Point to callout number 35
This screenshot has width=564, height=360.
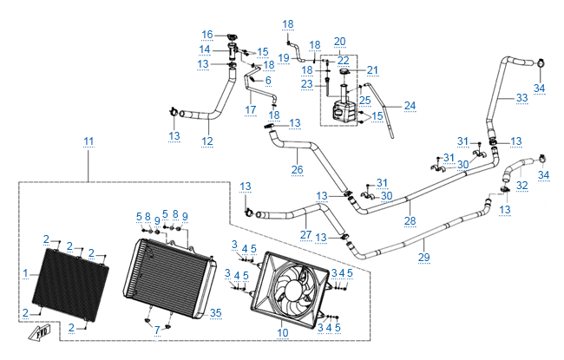[216, 313]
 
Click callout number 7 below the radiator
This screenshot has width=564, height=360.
[157, 331]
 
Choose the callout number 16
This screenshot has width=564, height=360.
[207, 35]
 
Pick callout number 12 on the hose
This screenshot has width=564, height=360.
[207, 141]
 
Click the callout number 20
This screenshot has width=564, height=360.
[339, 41]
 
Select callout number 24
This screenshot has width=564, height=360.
[410, 106]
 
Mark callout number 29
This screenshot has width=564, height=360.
[424, 258]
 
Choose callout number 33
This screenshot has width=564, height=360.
[521, 98]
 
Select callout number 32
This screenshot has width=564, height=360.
[521, 185]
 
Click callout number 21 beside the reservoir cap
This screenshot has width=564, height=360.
[373, 70]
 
